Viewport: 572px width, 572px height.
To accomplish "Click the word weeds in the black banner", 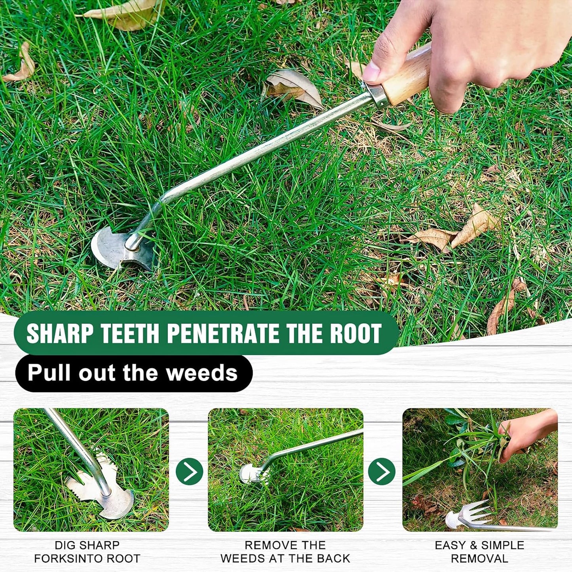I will (201, 373).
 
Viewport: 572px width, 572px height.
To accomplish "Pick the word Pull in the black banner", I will (49, 373).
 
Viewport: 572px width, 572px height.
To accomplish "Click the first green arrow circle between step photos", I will (189, 471).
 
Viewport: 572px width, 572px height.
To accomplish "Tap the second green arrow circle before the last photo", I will (382, 471).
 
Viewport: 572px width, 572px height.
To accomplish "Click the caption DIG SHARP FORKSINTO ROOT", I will (87, 552).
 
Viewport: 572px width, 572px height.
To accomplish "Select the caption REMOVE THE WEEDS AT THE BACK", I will (285, 552).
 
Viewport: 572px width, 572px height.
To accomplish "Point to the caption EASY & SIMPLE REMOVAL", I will (479, 552).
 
